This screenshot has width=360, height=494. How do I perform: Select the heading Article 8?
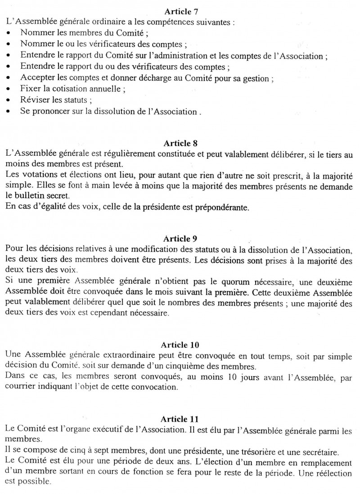tap(181, 144)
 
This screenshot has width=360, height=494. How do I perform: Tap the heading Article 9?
tap(181, 238)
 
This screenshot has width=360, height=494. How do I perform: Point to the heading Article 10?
tap(180, 345)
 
